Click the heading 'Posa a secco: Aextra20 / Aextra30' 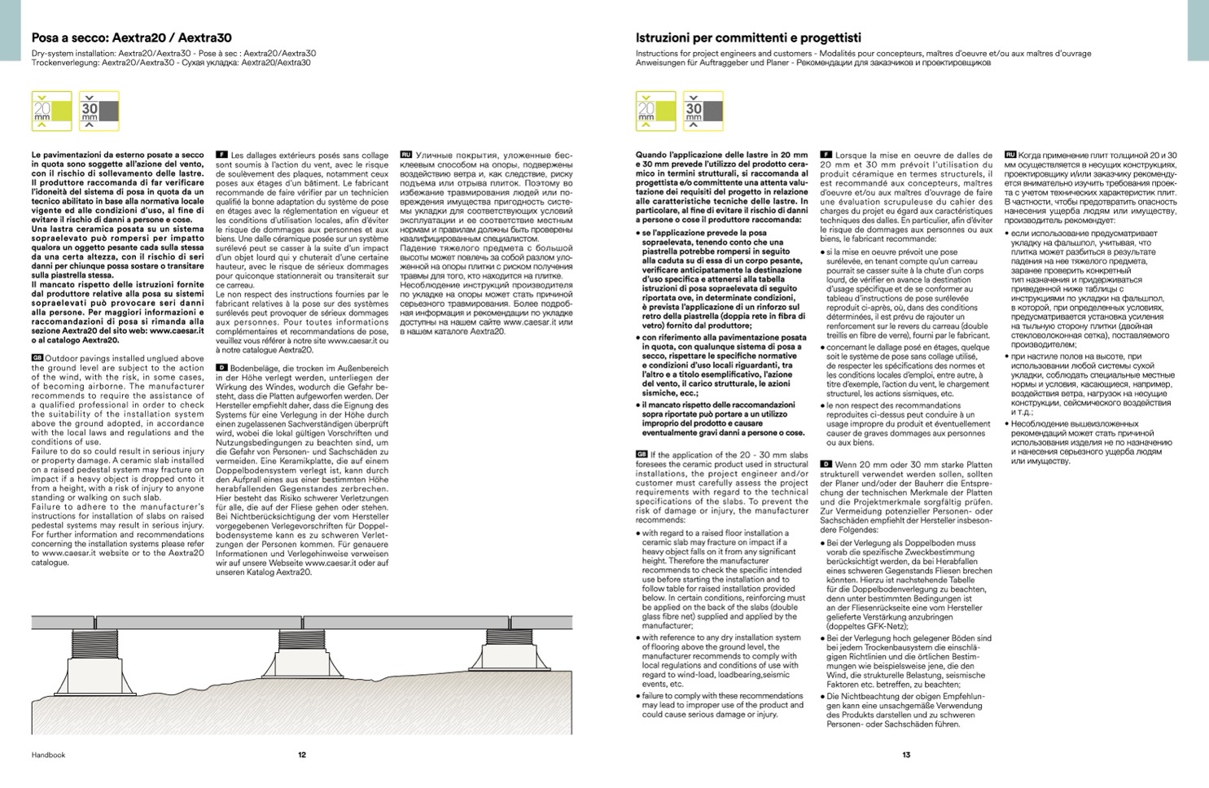pyautogui.click(x=131, y=37)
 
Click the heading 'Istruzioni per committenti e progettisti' pyautogui.click(x=748, y=37)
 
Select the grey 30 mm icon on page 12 pyautogui.click(x=99, y=111)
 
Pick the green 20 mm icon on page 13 pyautogui.click(x=655, y=111)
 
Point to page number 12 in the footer pyautogui.click(x=302, y=755)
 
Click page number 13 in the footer pyautogui.click(x=906, y=755)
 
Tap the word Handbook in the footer pyautogui.click(x=48, y=755)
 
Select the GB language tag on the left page pyautogui.click(x=37, y=358)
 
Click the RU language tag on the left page pyautogui.click(x=405, y=154)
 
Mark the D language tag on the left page pyautogui.click(x=221, y=368)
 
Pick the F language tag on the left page pyautogui.click(x=221, y=154)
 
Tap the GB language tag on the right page pyautogui.click(x=642, y=454)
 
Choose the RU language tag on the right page pyautogui.click(x=1010, y=154)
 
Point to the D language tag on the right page pyautogui.click(x=826, y=464)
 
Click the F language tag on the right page pyautogui.click(x=826, y=154)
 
